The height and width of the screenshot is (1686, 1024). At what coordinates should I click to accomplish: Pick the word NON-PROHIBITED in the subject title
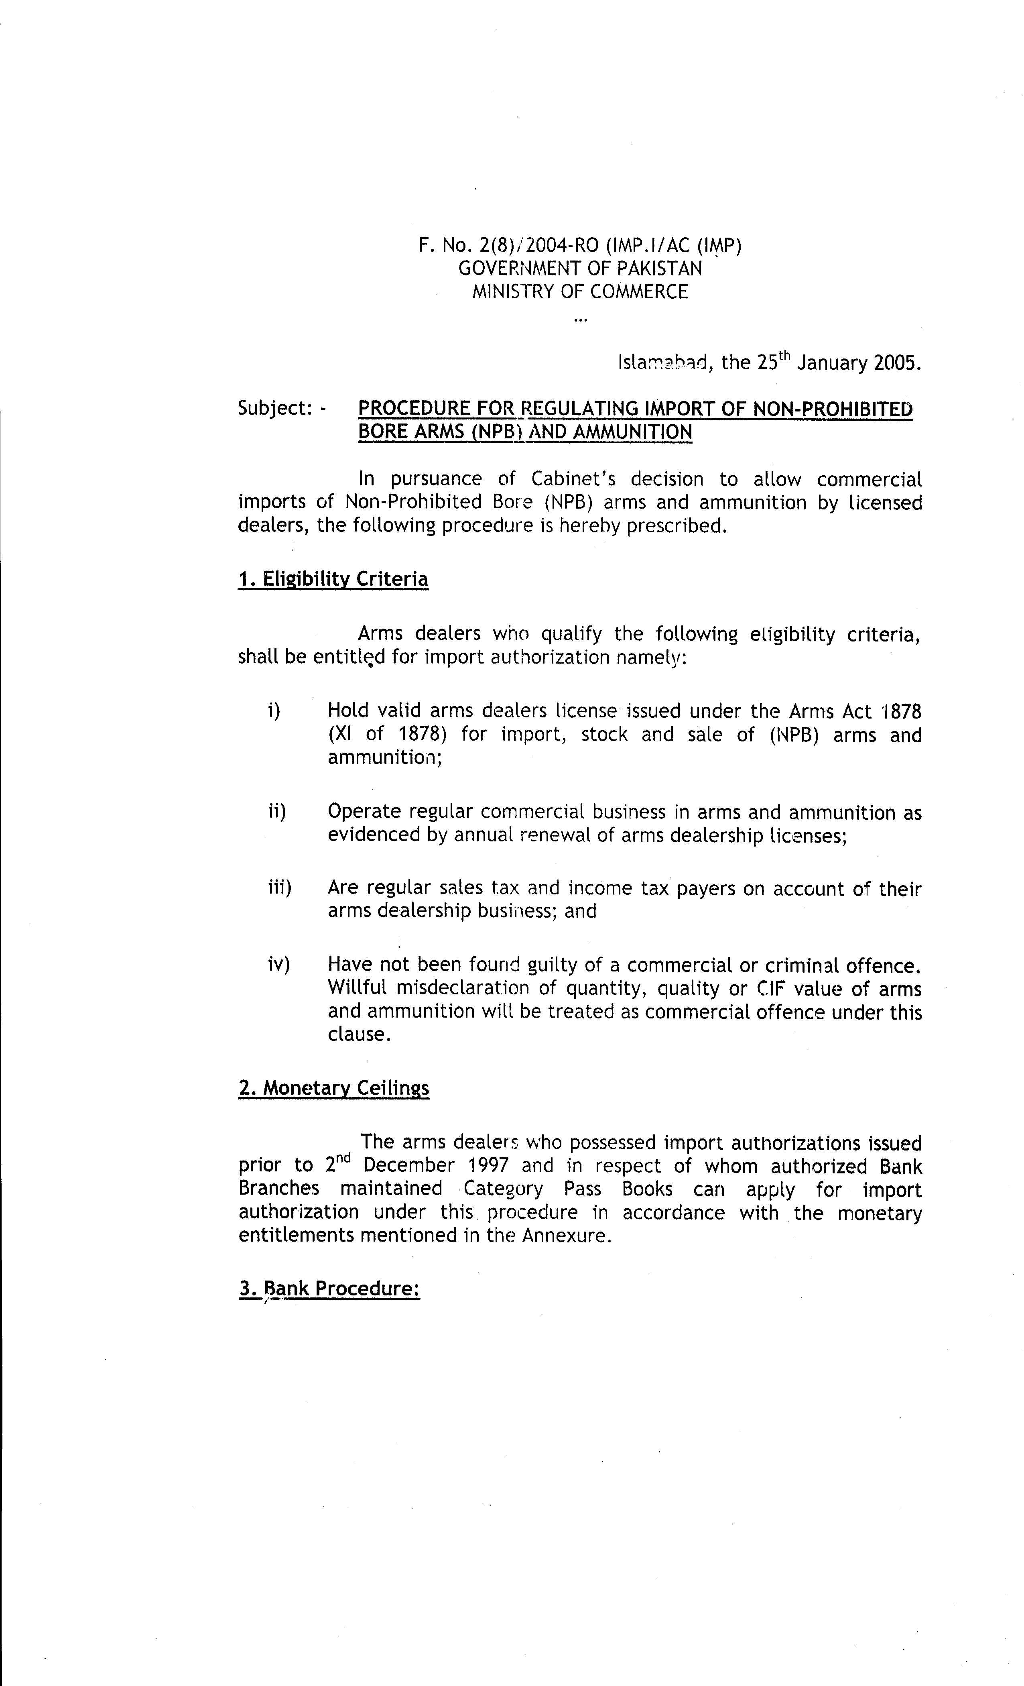coord(833,409)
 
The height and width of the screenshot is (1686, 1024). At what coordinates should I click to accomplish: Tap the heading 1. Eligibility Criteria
coord(333,579)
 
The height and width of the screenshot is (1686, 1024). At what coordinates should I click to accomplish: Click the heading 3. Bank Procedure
coord(329,1289)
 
